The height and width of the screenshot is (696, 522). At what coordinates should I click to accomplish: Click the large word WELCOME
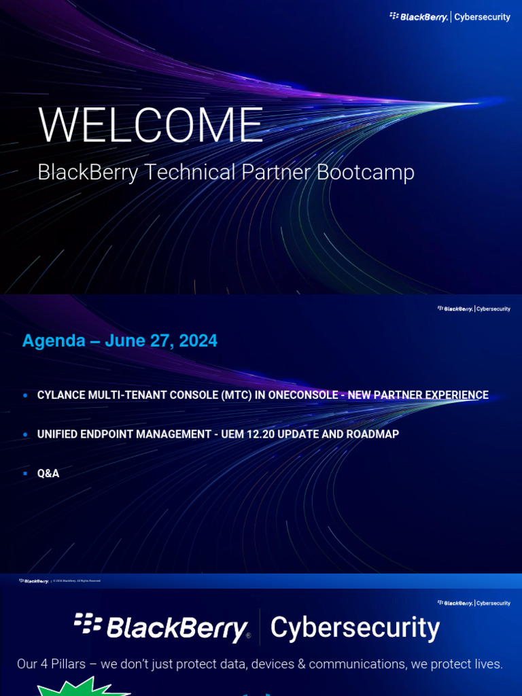pyautogui.click(x=150, y=126)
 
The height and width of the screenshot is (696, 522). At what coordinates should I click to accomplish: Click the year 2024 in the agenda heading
pyautogui.click(x=199, y=341)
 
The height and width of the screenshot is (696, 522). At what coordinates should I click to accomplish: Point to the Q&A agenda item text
pyautogui.click(x=48, y=473)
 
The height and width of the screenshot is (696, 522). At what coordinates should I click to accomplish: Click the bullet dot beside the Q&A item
pyautogui.click(x=25, y=473)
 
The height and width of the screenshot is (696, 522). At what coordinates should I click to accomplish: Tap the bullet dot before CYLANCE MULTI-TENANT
pyautogui.click(x=25, y=395)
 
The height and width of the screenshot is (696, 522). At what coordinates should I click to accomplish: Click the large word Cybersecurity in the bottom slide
pyautogui.click(x=355, y=627)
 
